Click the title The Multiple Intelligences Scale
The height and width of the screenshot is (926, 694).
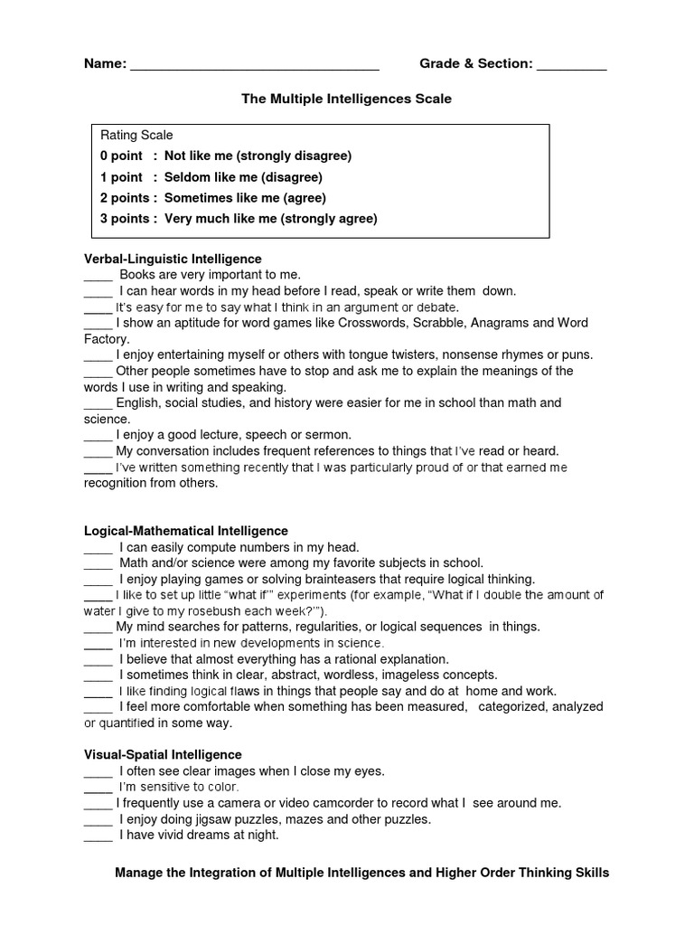[346, 98]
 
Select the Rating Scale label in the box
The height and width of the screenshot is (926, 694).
[136, 135]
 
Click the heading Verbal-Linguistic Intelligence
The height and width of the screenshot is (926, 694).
[173, 259]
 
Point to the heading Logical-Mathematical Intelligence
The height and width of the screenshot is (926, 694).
[186, 531]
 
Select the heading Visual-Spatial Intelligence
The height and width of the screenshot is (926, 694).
[163, 754]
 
